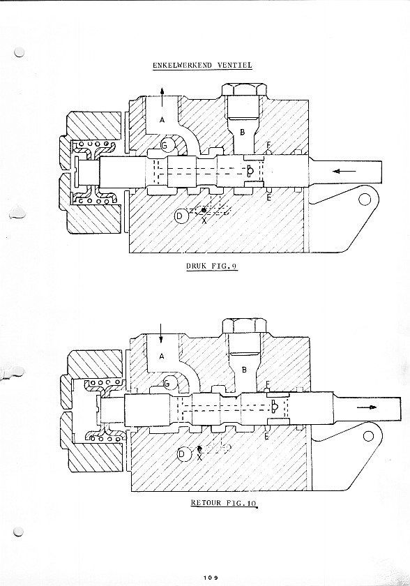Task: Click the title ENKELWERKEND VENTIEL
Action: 202,65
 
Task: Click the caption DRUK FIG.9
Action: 212,266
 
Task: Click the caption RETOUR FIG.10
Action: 224,503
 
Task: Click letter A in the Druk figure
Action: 162,119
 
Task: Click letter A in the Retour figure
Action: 161,356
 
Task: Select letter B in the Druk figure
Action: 243,133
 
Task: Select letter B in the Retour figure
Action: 244,370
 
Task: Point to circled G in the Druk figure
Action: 167,145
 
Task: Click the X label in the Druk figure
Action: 204,220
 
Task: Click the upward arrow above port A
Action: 162,98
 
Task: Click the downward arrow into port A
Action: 160,333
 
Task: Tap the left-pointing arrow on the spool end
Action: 344,171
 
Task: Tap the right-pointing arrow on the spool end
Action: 367,407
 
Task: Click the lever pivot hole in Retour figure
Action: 369,436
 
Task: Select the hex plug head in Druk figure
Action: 244,90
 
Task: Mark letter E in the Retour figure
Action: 266,436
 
